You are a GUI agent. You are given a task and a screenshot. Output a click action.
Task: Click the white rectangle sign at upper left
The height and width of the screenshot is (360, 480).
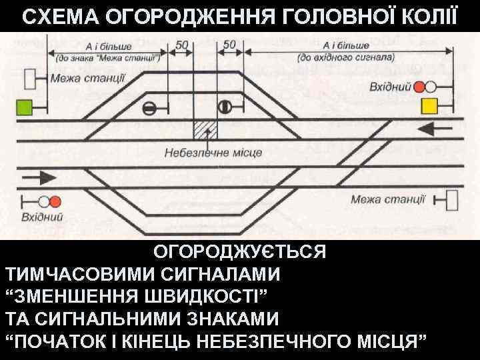click(x=29, y=79)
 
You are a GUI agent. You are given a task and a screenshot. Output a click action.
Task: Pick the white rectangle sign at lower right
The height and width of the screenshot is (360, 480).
click(x=453, y=199)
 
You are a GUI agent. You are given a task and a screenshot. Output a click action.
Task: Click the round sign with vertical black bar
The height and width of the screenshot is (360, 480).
click(x=224, y=107)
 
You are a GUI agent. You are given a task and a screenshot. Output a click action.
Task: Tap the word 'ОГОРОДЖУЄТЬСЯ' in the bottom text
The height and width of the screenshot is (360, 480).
click(x=240, y=253)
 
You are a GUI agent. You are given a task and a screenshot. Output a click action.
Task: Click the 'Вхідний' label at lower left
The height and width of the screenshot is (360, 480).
click(x=42, y=216)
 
